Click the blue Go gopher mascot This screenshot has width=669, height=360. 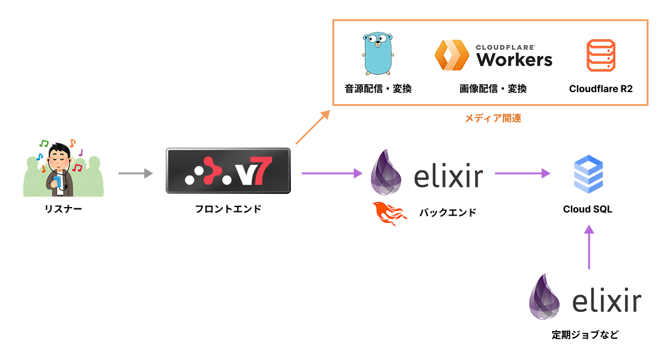(378, 54)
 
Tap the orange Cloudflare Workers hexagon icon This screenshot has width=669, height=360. (452, 55)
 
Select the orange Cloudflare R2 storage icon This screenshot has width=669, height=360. (601, 55)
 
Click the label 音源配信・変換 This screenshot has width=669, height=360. (378, 88)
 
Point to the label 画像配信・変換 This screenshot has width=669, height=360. (493, 88)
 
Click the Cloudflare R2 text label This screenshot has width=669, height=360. (601, 88)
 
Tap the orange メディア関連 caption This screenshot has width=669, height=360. (493, 118)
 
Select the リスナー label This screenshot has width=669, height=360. (63, 209)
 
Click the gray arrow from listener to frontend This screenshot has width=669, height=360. (135, 173)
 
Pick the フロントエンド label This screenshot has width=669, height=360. (228, 209)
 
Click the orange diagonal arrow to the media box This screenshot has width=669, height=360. (313, 127)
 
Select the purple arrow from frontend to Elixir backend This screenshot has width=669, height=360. (332, 173)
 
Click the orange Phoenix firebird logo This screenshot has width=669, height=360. (389, 213)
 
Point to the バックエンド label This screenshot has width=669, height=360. (447, 213)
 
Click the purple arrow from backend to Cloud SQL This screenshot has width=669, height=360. (523, 173)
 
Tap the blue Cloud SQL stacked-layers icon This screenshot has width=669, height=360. (588, 175)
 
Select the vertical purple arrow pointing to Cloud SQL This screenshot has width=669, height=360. (589, 247)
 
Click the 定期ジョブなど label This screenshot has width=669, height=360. (585, 335)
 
